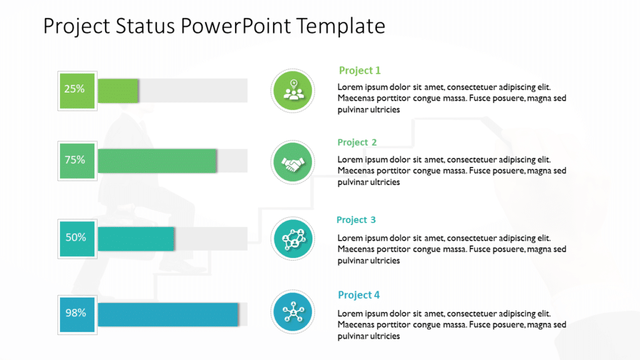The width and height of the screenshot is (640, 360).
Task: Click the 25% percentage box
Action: tap(77, 90)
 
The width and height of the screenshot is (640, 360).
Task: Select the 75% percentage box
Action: tap(77, 161)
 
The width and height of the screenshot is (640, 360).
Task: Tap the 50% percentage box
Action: tap(77, 238)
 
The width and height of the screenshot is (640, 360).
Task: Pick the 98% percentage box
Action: tap(77, 313)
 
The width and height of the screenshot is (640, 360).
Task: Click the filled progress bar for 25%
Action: tap(118, 91)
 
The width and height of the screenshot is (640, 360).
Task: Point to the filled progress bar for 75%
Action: tap(157, 161)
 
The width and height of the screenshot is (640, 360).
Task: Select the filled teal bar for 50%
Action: tap(136, 239)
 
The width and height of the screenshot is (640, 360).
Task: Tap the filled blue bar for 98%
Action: tap(167, 314)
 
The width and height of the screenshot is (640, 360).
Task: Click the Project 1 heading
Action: tap(359, 71)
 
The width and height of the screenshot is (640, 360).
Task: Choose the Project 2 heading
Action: tap(357, 142)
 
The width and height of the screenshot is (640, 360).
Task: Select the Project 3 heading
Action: tap(356, 220)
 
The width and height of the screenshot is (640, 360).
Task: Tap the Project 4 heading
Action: tap(359, 295)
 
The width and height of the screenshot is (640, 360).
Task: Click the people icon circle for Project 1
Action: tap(293, 91)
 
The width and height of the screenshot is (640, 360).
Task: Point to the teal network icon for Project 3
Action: tap(293, 239)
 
